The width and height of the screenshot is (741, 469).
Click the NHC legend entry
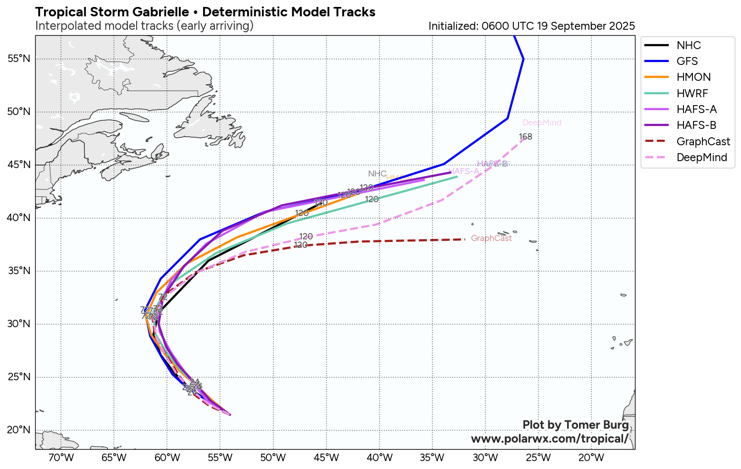pyautogui.click(x=688, y=45)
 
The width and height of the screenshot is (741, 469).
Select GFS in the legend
pyautogui.click(x=687, y=61)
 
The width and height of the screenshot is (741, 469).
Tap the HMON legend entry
pyautogui.click(x=693, y=77)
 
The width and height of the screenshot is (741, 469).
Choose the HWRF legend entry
pyautogui.click(x=692, y=93)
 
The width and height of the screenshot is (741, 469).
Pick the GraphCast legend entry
pyautogui.click(x=703, y=141)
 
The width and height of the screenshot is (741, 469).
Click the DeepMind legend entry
pyautogui.click(x=701, y=157)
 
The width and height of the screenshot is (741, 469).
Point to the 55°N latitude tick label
pyautogui.click(x=19, y=59)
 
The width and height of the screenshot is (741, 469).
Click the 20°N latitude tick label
pyautogui.click(x=19, y=430)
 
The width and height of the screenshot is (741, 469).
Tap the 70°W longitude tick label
pyautogui.click(x=61, y=457)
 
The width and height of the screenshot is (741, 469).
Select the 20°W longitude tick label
pyautogui.click(x=591, y=457)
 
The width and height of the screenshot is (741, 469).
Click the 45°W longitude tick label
pyautogui.click(x=326, y=457)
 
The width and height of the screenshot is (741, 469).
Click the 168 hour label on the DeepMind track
pyautogui.click(x=526, y=137)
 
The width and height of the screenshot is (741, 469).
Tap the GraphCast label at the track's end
pyautogui.click(x=491, y=238)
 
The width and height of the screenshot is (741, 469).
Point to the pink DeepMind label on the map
pyautogui.click(x=542, y=123)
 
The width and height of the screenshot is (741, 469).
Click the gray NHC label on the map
pyautogui.click(x=377, y=174)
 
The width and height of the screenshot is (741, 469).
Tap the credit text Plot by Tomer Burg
pyautogui.click(x=576, y=425)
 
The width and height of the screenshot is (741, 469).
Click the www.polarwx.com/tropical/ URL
pyautogui.click(x=549, y=439)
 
